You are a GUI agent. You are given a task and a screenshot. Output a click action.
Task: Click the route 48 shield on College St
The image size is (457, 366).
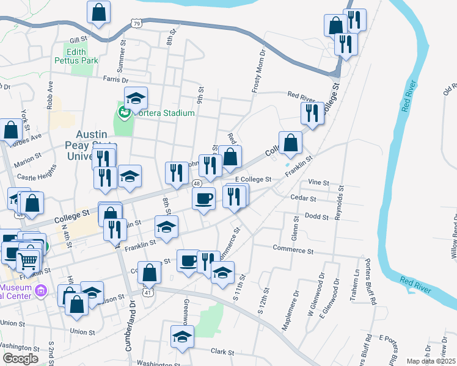[x=197, y=183]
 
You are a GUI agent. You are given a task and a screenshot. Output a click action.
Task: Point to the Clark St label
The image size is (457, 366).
[x=222, y=352]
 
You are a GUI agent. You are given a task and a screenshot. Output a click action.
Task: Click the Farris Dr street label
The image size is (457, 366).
[x=116, y=79]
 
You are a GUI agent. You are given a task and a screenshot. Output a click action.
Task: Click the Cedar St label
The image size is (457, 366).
[x=304, y=198]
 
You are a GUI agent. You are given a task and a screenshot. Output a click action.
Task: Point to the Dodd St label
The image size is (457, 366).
[x=316, y=216]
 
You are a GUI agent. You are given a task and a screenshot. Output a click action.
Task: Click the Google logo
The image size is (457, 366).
[x=20, y=359]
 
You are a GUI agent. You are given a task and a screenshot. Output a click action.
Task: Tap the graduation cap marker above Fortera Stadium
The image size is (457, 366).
[x=136, y=98]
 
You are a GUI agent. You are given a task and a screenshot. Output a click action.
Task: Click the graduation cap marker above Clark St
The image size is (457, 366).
[x=182, y=337]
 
